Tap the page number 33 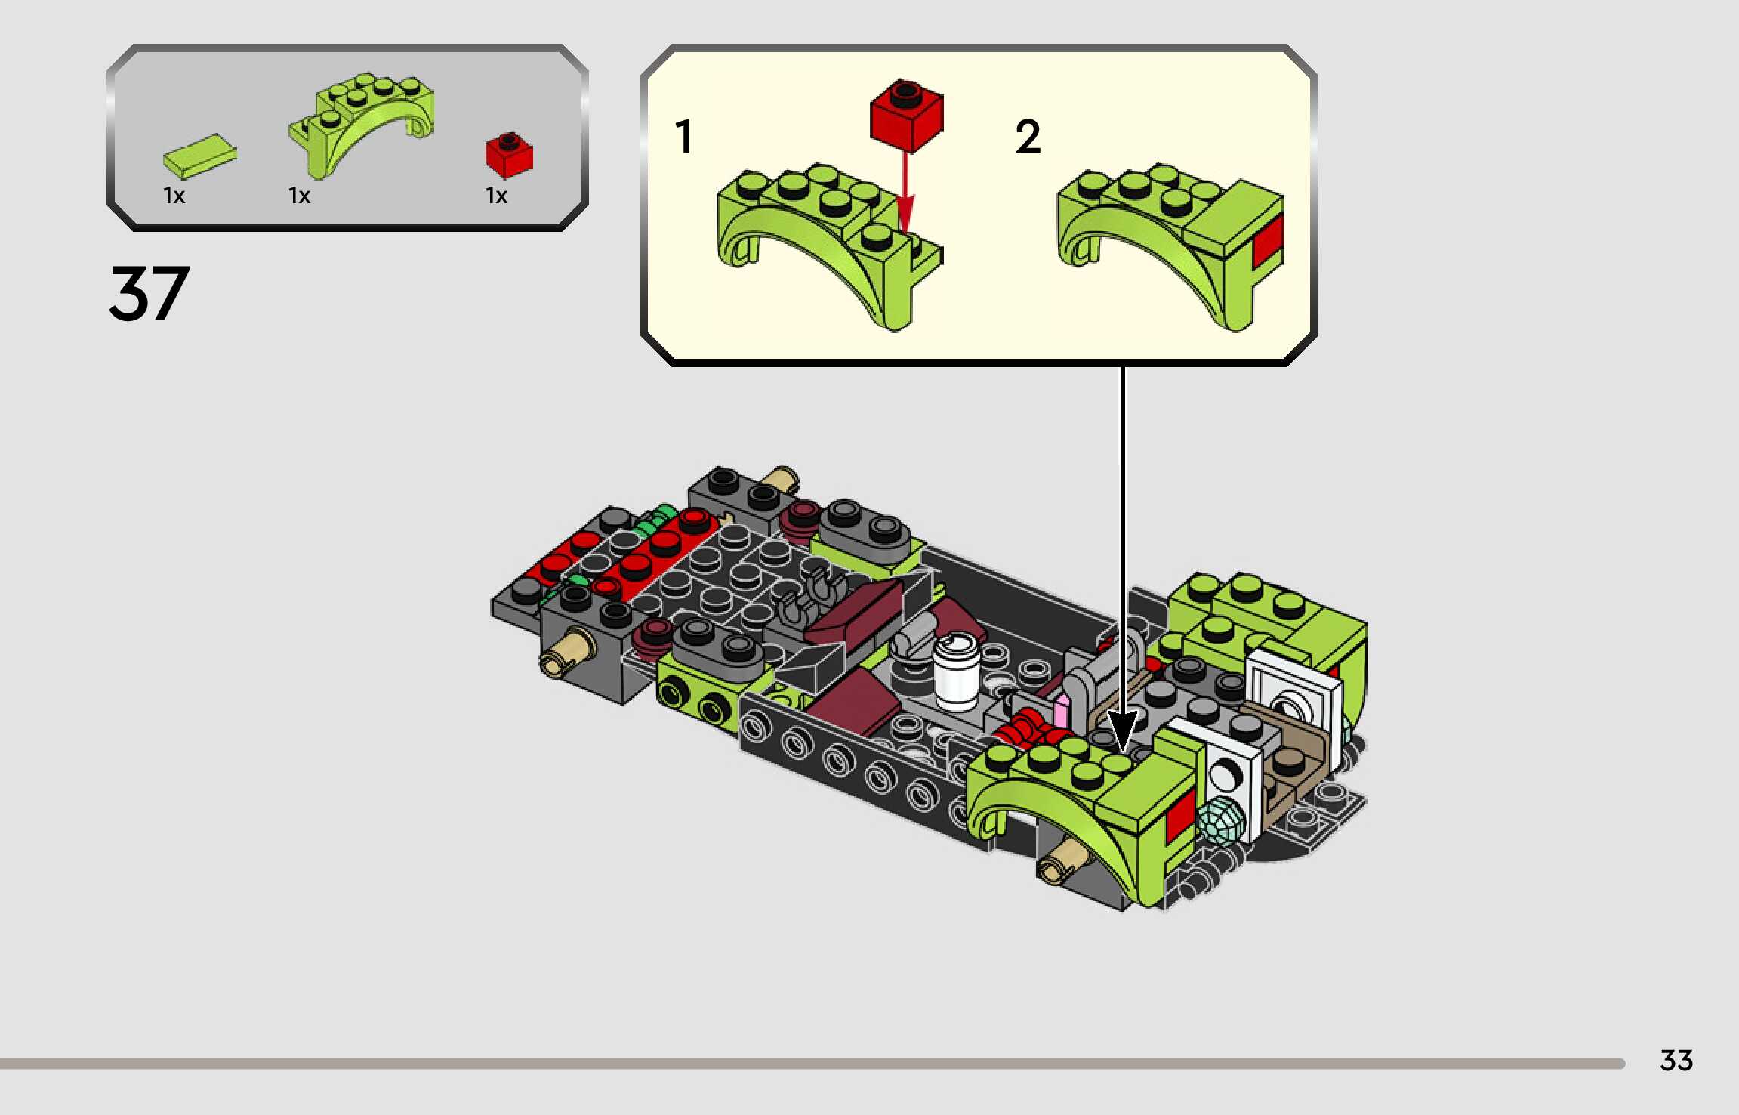coord(1676,1061)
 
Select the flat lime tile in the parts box coord(199,156)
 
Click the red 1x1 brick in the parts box coord(509,155)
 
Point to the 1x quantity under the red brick coord(496,196)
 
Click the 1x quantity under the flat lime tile coord(174,196)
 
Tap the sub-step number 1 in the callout coord(684,137)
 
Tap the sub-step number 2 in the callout coord(1028,137)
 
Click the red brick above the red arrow coord(906,116)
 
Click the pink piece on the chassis coord(1061,712)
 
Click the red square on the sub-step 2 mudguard coord(1268,240)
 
